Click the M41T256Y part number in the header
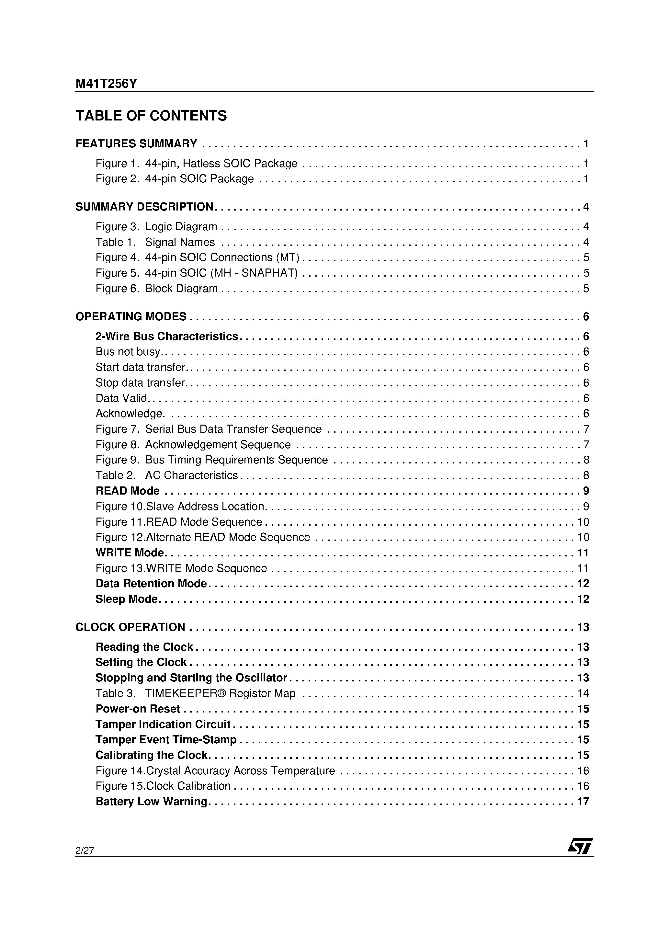(106, 84)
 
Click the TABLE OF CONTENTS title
(151, 116)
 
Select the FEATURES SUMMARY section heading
(136, 143)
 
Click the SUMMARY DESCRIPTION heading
(144, 207)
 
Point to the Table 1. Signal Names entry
(155, 242)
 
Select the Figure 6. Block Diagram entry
(156, 288)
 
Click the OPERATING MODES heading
(131, 316)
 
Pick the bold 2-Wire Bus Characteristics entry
(167, 336)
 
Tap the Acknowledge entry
(130, 413)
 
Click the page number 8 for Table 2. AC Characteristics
(586, 475)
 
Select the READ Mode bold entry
(128, 491)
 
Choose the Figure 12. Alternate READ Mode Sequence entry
(202, 537)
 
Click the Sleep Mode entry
(127, 599)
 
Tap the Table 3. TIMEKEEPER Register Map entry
(196, 693)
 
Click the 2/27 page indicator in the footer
(85, 850)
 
